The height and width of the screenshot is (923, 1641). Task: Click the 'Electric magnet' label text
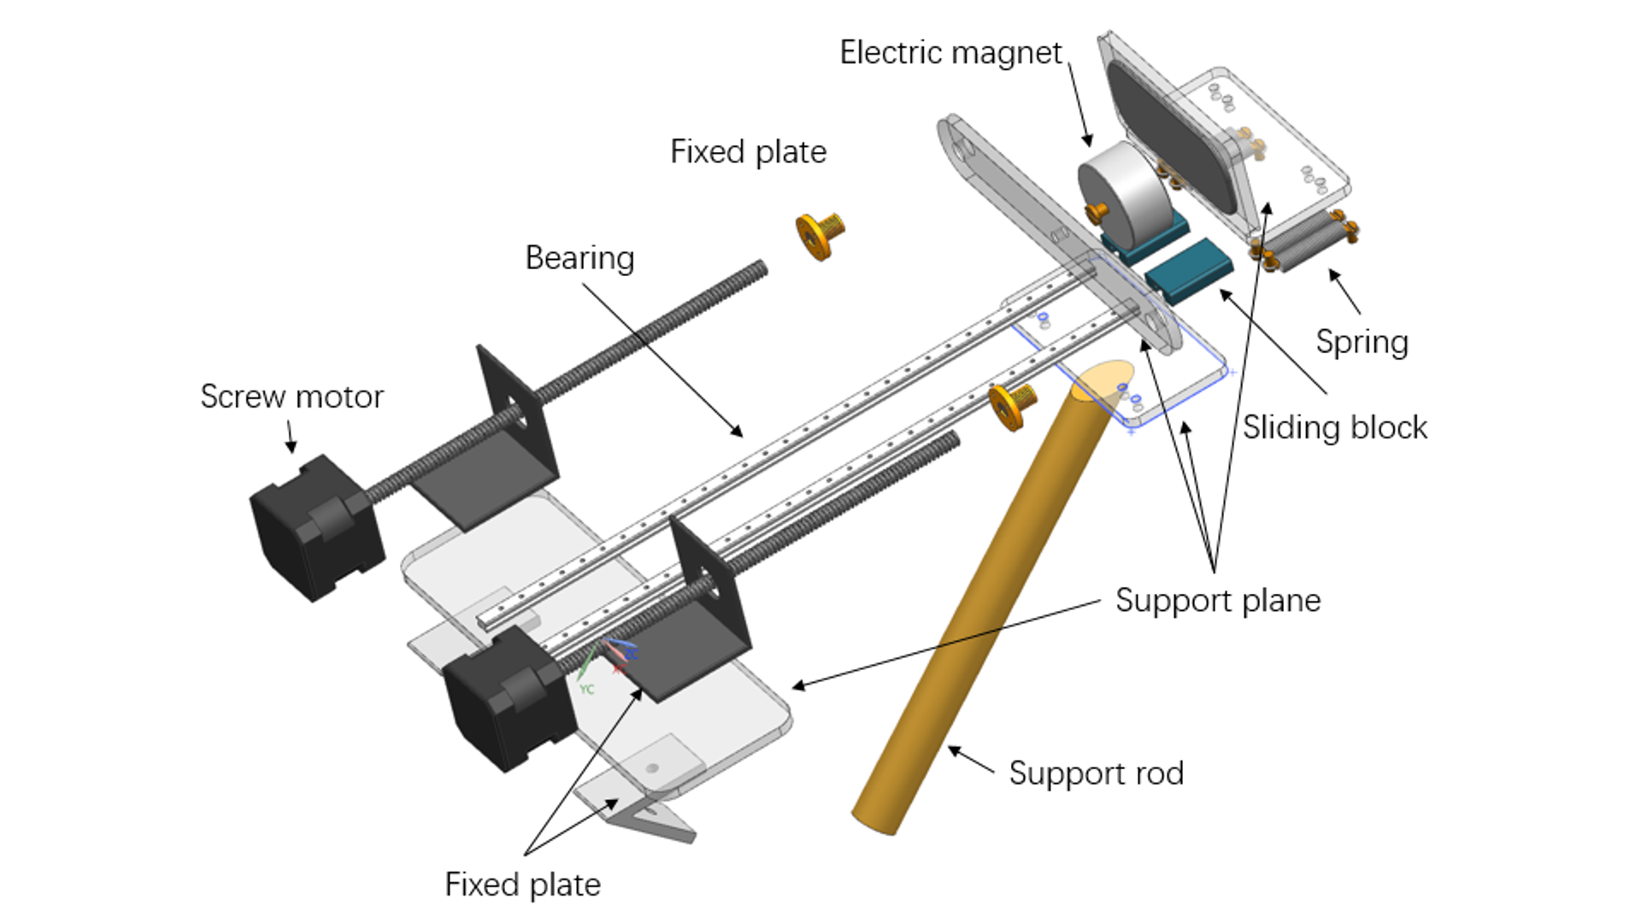pyautogui.click(x=950, y=53)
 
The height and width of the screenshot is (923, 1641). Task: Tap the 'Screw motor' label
pyautogui.click(x=291, y=397)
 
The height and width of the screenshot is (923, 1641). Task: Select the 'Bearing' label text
pyautogui.click(x=579, y=258)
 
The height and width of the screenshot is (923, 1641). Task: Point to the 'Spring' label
pyautogui.click(x=1362, y=342)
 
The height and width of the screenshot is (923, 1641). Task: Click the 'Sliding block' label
pyautogui.click(x=1334, y=427)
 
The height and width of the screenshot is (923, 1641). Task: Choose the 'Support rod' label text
pyautogui.click(x=1096, y=773)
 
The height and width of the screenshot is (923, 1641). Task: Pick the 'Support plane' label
pyautogui.click(x=1217, y=601)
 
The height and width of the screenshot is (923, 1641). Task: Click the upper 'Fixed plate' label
pyautogui.click(x=748, y=152)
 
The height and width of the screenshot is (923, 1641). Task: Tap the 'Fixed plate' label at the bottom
pyautogui.click(x=522, y=885)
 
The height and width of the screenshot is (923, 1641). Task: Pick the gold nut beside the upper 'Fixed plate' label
pyautogui.click(x=820, y=234)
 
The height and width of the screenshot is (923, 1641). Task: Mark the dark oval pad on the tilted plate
pyautogui.click(x=1171, y=137)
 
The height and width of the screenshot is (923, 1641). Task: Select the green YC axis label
pyautogui.click(x=586, y=689)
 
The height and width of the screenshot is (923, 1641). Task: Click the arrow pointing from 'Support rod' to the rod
pyautogui.click(x=971, y=759)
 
